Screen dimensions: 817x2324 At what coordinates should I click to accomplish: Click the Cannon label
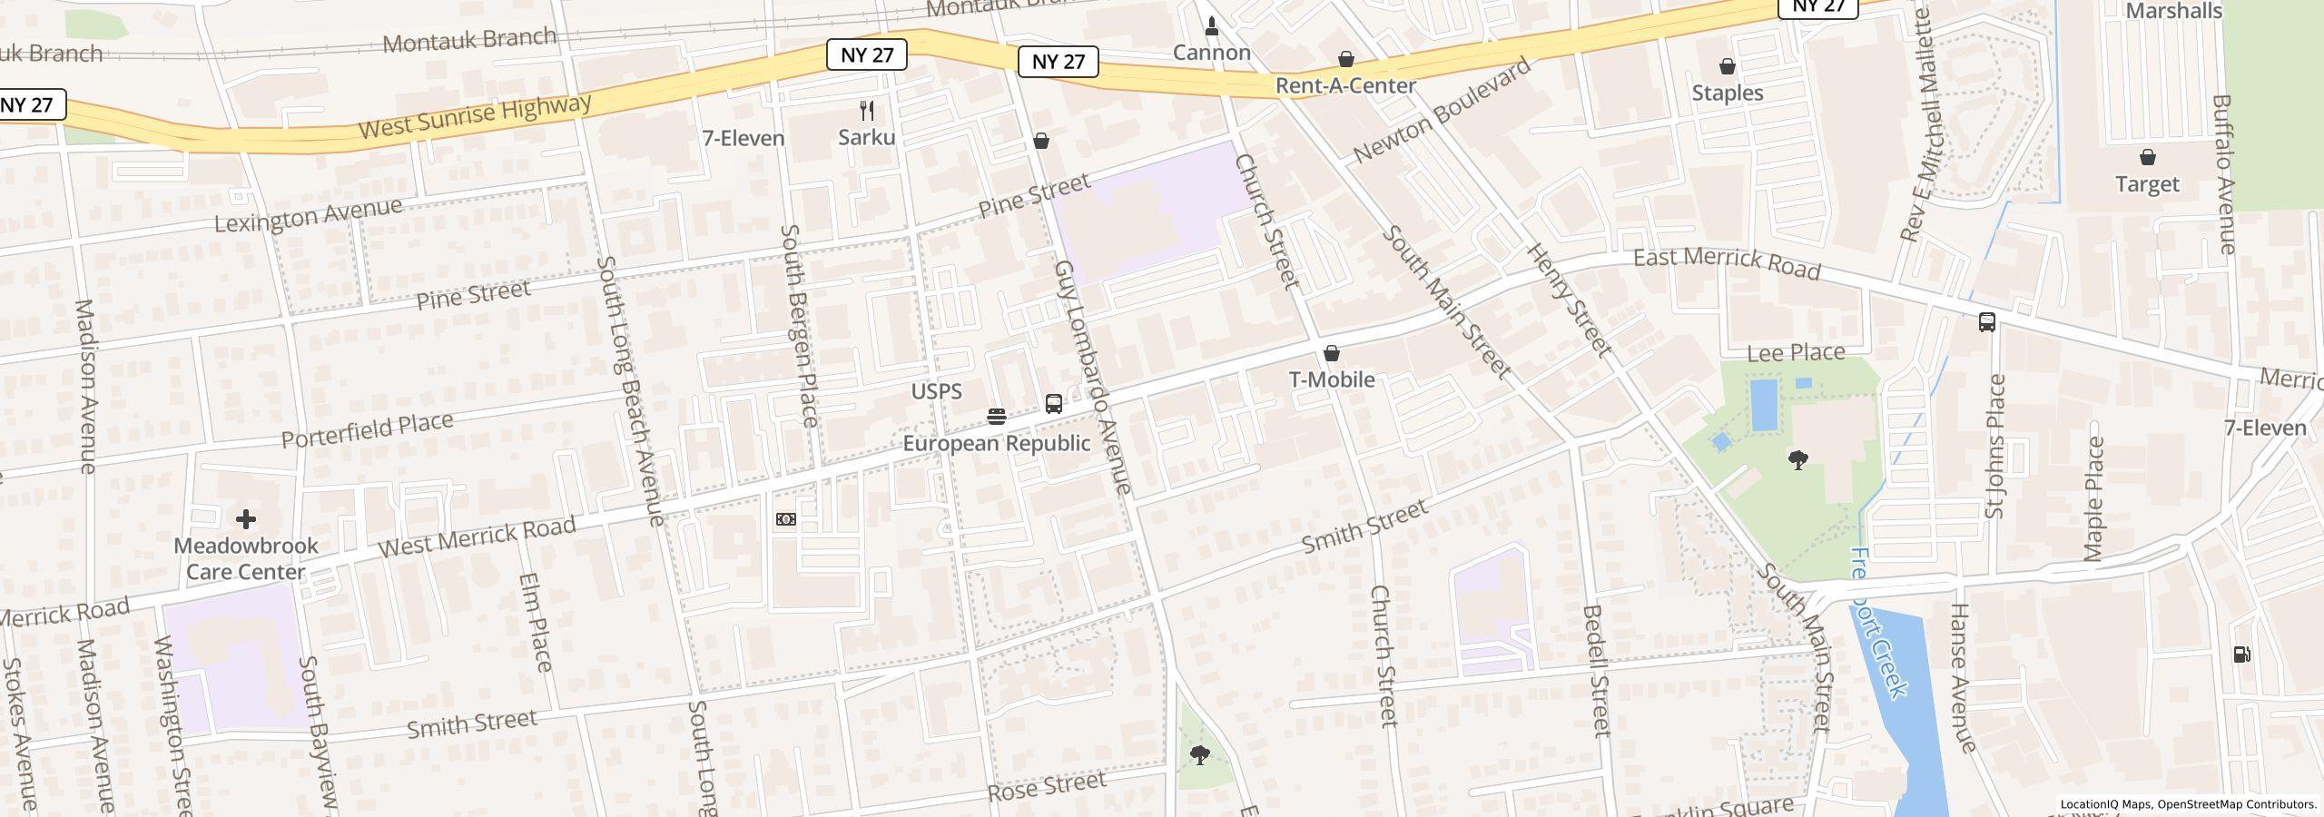pos(1211,53)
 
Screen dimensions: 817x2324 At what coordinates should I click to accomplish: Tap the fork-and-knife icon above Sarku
pos(867,111)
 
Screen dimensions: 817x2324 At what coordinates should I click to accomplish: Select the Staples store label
pos(1728,93)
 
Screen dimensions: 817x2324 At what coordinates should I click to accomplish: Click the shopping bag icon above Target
pos(2148,158)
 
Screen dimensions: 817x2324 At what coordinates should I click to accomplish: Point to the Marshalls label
pos(2172,11)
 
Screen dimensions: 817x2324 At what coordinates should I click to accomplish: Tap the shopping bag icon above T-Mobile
pos(1332,353)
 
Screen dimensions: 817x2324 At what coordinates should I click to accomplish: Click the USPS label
pos(936,391)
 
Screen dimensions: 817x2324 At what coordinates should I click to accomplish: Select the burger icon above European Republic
pos(997,417)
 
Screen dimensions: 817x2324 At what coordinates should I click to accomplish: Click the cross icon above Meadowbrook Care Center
pos(245,519)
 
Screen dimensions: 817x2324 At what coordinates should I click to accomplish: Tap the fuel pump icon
pos(2241,655)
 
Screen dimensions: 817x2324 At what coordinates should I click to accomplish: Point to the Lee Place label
pos(1796,352)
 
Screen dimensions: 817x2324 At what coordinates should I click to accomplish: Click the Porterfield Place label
pos(367,430)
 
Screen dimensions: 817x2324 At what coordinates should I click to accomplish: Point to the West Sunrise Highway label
pos(475,117)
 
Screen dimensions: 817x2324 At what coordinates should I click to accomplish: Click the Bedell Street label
pos(1596,670)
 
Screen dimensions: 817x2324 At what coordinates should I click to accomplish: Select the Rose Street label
pos(1047,786)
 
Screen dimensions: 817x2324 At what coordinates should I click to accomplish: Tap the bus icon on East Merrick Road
pos(1986,322)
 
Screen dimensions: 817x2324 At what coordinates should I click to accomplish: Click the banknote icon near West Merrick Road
pos(786,519)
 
